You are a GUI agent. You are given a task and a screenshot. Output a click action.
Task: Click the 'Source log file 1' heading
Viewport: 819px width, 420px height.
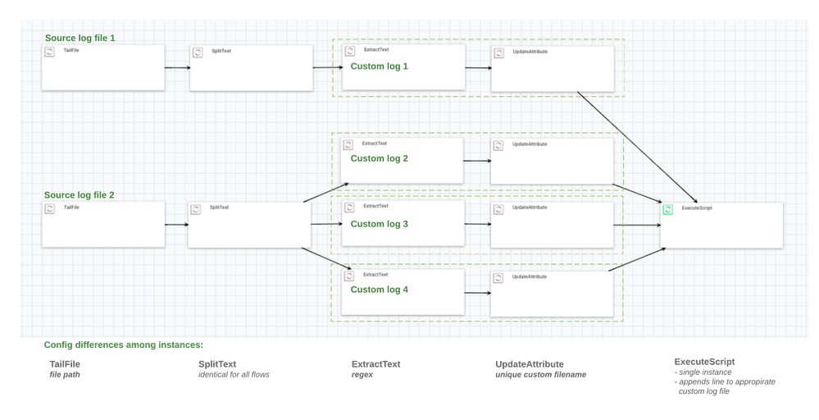[x=80, y=39]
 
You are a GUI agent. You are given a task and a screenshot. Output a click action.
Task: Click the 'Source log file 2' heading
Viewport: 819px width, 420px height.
[x=80, y=195]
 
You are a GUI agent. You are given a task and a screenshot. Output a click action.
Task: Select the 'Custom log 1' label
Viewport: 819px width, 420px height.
[x=380, y=66]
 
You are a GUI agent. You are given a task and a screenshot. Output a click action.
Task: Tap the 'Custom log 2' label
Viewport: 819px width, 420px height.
[x=380, y=158]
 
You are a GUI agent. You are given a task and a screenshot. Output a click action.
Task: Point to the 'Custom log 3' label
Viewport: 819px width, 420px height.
[x=380, y=224]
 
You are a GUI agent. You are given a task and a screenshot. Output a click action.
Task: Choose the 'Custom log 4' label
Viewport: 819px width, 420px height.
[x=380, y=290]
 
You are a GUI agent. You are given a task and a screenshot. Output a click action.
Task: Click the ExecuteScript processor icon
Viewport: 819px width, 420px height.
[x=668, y=210]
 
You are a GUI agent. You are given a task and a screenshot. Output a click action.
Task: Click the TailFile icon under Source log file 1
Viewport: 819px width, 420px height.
[x=49, y=52]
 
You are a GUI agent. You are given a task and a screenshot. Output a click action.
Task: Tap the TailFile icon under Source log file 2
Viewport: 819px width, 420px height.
[x=49, y=209]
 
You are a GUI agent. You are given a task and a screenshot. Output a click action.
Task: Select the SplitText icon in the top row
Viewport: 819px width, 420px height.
[x=198, y=52]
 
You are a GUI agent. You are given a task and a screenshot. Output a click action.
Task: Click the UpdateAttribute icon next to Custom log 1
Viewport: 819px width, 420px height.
[x=498, y=52]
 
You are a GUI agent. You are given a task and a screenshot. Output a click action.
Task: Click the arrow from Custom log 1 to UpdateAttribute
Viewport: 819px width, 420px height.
[x=478, y=68]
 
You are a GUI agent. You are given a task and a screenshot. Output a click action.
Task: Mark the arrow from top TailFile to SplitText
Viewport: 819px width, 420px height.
[x=176, y=68]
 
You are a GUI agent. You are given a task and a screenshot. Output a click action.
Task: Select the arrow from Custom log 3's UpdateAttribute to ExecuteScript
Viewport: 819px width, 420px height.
[x=637, y=225]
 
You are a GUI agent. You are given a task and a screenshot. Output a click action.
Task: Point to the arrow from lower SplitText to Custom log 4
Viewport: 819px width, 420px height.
[x=332, y=259]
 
